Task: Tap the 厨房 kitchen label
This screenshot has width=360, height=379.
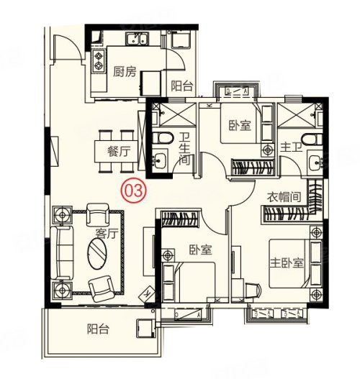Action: [125, 72]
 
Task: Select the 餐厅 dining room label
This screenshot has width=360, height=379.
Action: [119, 152]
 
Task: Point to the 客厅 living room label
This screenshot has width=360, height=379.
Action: [107, 233]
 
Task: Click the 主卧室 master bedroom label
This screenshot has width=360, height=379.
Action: [287, 262]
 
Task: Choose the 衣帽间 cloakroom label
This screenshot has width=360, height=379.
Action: [284, 197]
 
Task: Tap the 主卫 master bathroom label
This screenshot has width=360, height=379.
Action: [292, 147]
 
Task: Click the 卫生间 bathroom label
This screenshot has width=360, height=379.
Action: [184, 149]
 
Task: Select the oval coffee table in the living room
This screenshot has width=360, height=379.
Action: [97, 253]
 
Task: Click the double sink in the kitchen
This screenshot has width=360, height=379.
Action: [138, 39]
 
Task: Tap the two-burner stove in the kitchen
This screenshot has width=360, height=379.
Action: [99, 61]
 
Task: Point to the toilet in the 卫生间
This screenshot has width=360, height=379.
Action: [163, 138]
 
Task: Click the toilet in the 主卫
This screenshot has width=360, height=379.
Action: [312, 140]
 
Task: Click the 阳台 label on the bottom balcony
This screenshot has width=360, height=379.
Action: [98, 329]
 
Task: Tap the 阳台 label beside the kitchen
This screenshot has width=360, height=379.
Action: [182, 86]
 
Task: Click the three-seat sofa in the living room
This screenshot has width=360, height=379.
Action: [62, 253]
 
